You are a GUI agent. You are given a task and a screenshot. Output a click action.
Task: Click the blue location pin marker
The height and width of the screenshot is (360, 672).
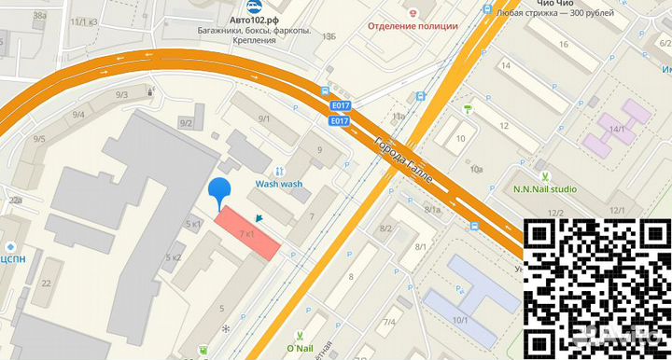point(219,190)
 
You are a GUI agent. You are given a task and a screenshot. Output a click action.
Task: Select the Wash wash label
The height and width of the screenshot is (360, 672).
point(279,185)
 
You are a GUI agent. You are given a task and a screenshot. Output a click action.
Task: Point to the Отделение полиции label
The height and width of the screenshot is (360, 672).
point(413,25)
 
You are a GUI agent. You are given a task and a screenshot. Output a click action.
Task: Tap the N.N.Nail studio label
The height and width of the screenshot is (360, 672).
point(545,189)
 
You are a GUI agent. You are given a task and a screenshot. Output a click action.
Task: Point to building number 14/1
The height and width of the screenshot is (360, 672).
point(616,129)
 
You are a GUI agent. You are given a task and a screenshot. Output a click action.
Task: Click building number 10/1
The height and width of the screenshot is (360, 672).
point(460,321)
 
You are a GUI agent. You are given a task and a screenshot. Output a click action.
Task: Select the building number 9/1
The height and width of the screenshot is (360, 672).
point(264,118)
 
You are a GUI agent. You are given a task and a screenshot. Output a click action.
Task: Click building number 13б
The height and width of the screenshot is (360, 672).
point(328,36)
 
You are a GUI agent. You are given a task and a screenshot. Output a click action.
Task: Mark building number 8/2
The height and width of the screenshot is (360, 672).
point(386,228)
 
